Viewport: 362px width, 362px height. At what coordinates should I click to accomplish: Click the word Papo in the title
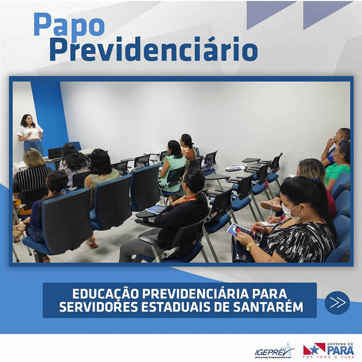pyautogui.click(x=68, y=26)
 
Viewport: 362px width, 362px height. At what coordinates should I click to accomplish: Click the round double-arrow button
pyautogui.click(x=337, y=303)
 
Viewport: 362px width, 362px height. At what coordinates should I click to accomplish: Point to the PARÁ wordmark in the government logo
pyautogui.click(x=340, y=350)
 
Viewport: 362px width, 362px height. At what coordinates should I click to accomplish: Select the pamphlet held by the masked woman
pyautogui.click(x=244, y=232)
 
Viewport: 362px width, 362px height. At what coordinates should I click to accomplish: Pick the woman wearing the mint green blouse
pyautogui.click(x=173, y=163)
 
